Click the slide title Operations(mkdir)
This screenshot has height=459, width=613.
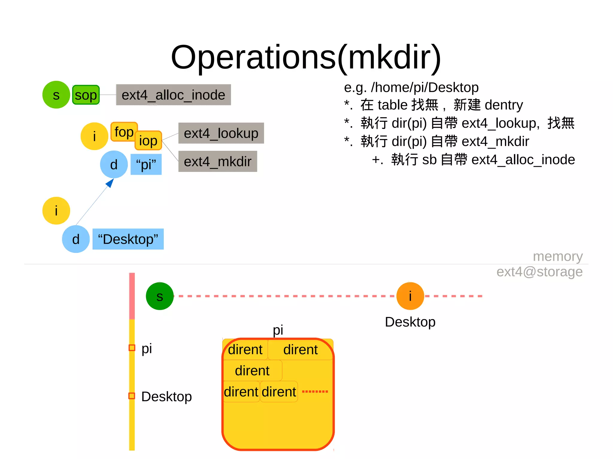[306, 57]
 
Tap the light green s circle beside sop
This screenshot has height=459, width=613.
[56, 95]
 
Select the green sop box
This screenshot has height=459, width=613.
[86, 95]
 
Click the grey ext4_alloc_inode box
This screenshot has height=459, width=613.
[173, 95]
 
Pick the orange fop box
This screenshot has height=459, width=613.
[124, 132]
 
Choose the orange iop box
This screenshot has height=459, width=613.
[148, 141]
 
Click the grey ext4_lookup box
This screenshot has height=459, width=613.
[221, 133]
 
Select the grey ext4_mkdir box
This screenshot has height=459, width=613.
[218, 161]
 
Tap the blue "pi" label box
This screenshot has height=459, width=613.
[146, 164]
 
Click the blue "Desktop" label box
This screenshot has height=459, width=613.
[128, 239]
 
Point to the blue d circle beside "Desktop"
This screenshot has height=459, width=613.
[76, 239]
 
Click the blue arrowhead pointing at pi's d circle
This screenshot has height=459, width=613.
[110, 183]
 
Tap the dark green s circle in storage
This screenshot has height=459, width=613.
[160, 296]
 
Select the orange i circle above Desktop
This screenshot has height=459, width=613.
[410, 296]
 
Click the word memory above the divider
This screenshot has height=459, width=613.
[558, 257]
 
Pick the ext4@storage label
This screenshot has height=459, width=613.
[539, 272]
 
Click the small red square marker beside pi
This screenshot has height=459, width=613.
[132, 348]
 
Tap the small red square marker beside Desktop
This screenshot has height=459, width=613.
[132, 396]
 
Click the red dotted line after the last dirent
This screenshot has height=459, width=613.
[315, 391]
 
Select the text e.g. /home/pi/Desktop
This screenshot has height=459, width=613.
[411, 87]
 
